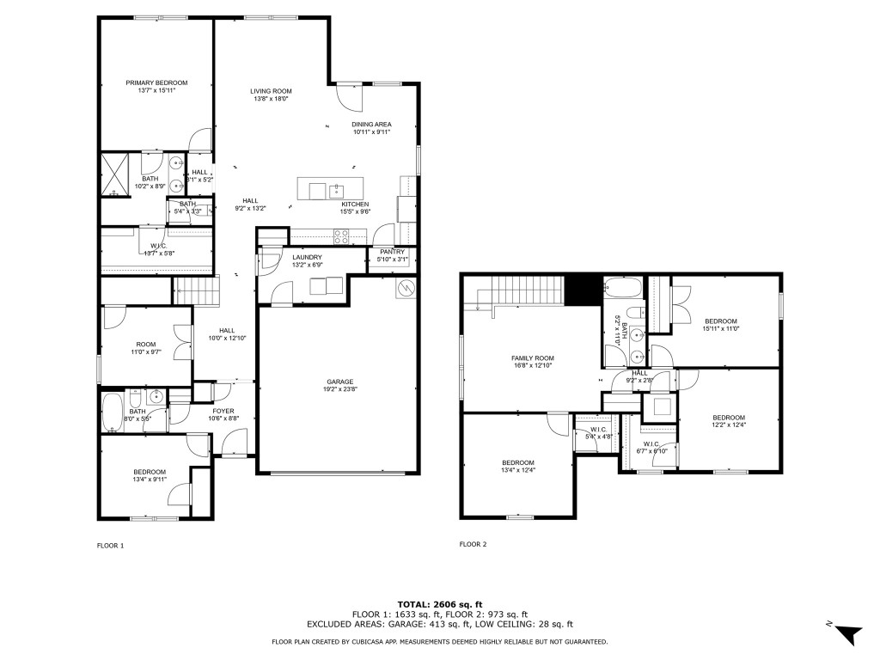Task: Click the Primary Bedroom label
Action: [x=156, y=82]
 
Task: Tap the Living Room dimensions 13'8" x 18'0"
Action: [x=271, y=99]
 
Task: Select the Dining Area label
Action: [x=371, y=124]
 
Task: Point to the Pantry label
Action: [x=392, y=252]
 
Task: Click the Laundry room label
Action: [x=307, y=257]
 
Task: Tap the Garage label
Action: [x=339, y=382]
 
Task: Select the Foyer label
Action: [x=223, y=411]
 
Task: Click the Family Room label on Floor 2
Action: [x=532, y=357]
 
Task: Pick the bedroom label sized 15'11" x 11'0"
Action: [x=720, y=321]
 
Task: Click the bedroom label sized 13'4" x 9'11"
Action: [x=150, y=472]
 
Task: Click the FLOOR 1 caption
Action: [x=110, y=545]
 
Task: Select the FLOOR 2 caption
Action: [x=473, y=544]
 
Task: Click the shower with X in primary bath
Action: [x=113, y=174]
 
